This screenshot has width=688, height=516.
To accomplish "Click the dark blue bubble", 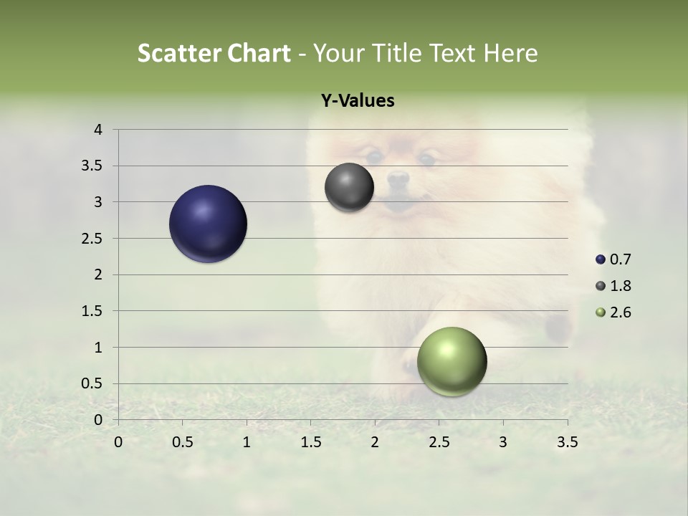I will (209, 224).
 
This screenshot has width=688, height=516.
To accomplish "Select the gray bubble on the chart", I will (349, 187).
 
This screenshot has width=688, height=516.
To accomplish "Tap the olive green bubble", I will (451, 361).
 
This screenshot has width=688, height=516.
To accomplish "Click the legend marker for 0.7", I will (601, 259).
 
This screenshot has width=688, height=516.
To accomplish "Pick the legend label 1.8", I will (620, 286).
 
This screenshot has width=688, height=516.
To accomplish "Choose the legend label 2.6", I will (620, 312).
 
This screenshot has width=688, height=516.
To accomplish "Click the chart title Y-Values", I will (358, 101).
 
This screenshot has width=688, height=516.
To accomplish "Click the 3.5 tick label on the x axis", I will (568, 442).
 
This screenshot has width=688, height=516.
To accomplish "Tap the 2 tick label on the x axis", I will (375, 442).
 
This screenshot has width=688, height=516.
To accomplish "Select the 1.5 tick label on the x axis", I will (311, 442).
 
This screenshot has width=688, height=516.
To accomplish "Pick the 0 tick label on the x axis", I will (118, 442).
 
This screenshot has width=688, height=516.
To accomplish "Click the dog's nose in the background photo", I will (398, 177).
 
